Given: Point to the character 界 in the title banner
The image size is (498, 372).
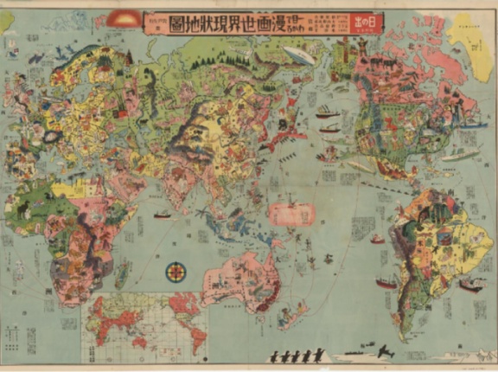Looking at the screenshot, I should click(x=245, y=18).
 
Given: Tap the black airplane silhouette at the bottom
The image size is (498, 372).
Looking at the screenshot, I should click(x=384, y=352).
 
